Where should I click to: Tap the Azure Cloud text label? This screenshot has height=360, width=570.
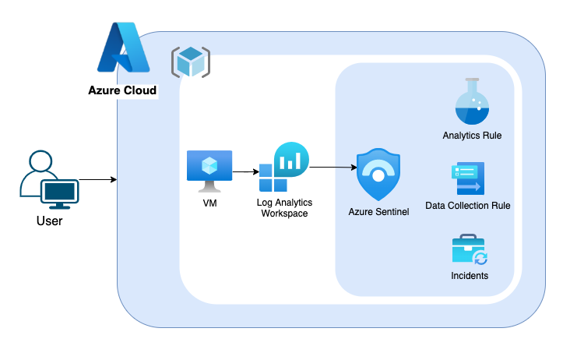click(x=122, y=91)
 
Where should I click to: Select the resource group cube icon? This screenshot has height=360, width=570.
click(x=190, y=62)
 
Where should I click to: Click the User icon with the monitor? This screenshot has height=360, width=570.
click(x=49, y=181)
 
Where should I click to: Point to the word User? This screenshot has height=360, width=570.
click(x=49, y=221)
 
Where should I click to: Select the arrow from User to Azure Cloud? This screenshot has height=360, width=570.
click(x=98, y=180)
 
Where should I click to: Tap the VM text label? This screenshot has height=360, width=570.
click(x=209, y=203)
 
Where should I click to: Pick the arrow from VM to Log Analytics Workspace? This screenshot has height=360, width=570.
click(x=245, y=171)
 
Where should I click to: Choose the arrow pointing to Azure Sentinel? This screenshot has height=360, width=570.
click(x=331, y=167)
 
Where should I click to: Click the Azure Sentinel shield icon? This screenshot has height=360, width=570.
click(x=378, y=175)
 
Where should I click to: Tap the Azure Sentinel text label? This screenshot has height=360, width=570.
click(x=378, y=212)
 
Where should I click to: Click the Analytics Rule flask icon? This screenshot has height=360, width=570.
click(x=471, y=101)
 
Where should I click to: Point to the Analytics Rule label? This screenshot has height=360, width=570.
click(x=471, y=136)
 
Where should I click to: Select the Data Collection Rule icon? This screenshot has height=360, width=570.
click(x=468, y=178)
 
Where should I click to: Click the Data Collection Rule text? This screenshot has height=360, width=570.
click(x=467, y=206)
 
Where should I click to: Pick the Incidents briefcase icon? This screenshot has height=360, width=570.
click(x=470, y=250)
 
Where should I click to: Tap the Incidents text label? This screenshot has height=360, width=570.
click(x=470, y=276)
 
